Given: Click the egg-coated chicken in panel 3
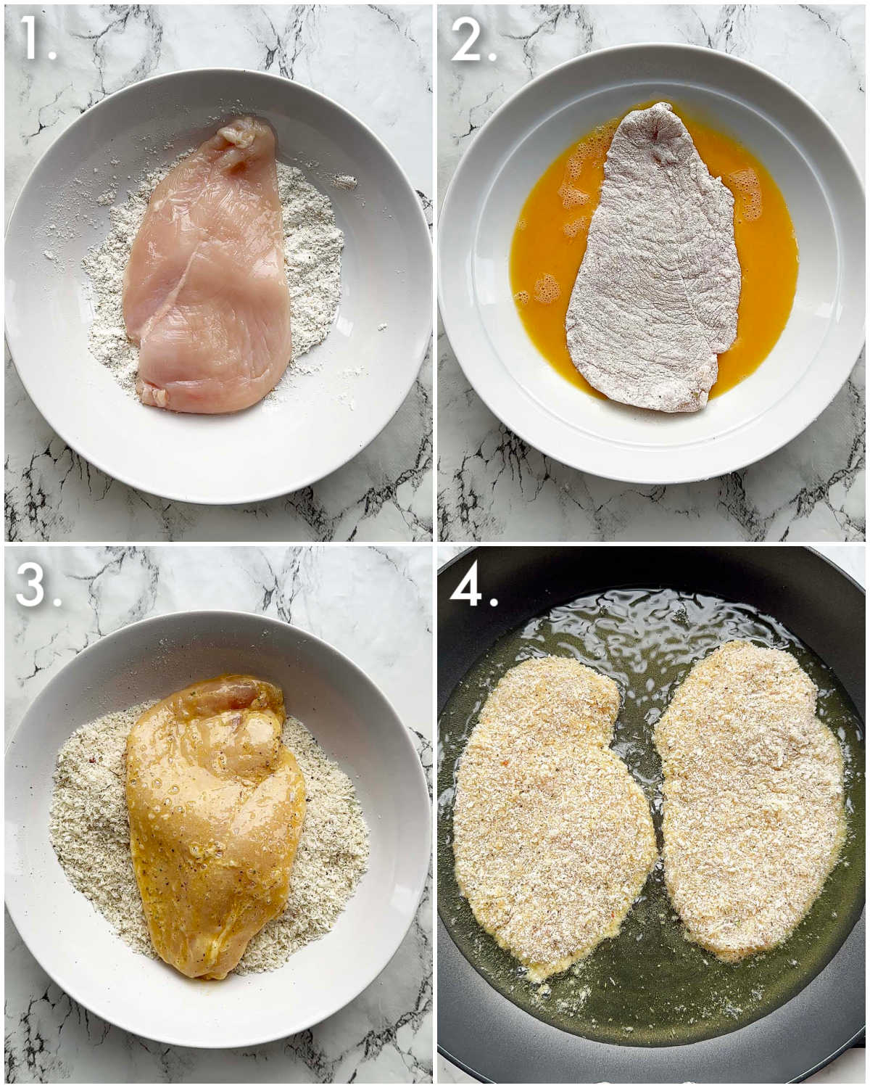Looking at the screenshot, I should (214, 820).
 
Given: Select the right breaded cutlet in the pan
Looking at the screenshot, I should (750, 798).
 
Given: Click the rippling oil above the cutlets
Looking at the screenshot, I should (638, 617).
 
